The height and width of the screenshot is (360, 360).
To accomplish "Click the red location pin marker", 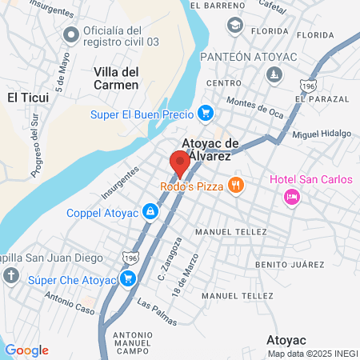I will coord(179,162).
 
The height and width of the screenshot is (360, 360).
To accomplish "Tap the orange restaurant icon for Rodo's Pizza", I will coord(235,186).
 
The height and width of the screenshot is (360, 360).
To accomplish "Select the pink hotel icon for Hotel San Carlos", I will coord(292,195).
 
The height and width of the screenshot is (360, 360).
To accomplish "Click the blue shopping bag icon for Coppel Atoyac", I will coord(149,212).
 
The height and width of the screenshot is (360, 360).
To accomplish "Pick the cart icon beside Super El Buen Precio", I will coord(206,114).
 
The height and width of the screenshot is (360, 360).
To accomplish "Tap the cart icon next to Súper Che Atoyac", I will coord(126,278).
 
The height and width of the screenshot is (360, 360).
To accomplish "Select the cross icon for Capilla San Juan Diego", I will coord(10,277).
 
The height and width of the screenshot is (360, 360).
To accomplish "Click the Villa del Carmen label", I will coord(117,78).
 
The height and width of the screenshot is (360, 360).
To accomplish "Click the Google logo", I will coord(26,350).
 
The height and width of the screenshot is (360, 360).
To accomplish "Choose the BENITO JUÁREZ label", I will coord(289,264).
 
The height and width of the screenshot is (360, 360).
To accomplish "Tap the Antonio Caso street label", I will coord(70,305).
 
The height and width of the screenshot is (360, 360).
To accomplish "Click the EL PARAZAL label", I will coord(322,98).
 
